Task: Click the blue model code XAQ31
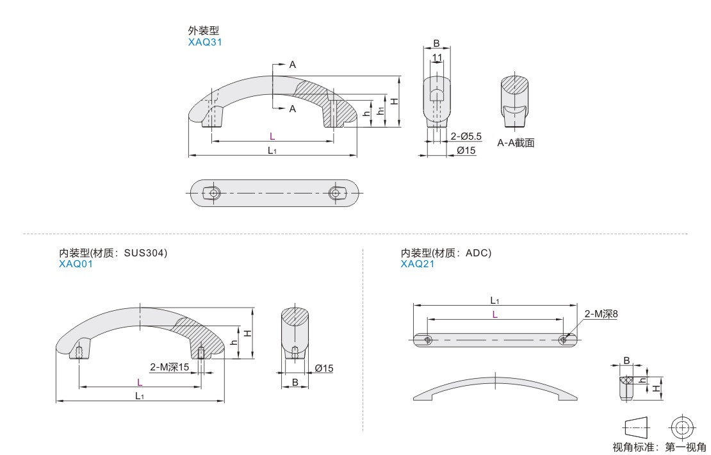pyautogui.click(x=205, y=42)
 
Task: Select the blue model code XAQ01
pyautogui.click(x=76, y=264)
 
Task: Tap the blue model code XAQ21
pyautogui.click(x=417, y=264)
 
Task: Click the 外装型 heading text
pyautogui.click(x=204, y=30)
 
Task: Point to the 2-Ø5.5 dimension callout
pyautogui.click(x=466, y=136)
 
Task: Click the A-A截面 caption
pyautogui.click(x=516, y=143)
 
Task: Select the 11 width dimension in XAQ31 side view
pyautogui.click(x=437, y=58)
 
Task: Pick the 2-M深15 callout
pyautogui.click(x=170, y=367)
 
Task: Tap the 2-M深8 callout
pyautogui.click(x=601, y=314)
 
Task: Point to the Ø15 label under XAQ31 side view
pyautogui.click(x=466, y=150)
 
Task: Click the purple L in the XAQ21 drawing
pyautogui.click(x=494, y=315)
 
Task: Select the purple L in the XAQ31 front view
pyautogui.click(x=272, y=136)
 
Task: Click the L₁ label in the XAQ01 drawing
pyautogui.click(x=139, y=396)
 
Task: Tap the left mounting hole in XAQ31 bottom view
pyautogui.click(x=214, y=193)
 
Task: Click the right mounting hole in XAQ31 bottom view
pyautogui.click(x=335, y=193)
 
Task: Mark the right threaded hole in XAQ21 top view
pyautogui.click(x=563, y=339)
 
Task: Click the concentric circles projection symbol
pyautogui.click(x=682, y=427)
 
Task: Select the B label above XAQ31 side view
pyautogui.click(x=436, y=44)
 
